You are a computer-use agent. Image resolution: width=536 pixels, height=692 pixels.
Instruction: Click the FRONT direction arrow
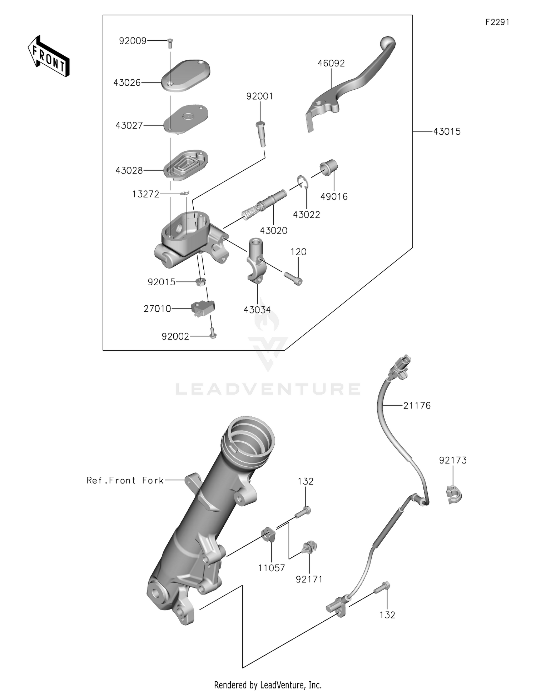pyautogui.click(x=49, y=56)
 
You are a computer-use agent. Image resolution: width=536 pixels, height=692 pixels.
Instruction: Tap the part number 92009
pyautogui.click(x=133, y=41)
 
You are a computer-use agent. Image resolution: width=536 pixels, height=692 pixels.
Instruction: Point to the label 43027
pyautogui.click(x=129, y=125)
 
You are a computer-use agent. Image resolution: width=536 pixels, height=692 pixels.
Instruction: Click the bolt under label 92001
pyautogui.click(x=261, y=134)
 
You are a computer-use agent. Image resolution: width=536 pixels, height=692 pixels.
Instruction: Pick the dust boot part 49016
pyautogui.click(x=328, y=167)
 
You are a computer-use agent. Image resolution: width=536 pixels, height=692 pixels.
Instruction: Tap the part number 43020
pyautogui.click(x=273, y=231)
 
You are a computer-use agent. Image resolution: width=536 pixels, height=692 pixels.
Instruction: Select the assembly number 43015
pyautogui.click(x=447, y=131)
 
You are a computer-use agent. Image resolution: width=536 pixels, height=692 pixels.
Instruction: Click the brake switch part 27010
pyautogui.click(x=203, y=307)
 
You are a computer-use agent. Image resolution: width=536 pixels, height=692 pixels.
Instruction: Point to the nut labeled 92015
pyautogui.click(x=201, y=282)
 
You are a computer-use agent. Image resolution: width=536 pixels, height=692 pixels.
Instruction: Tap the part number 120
pyautogui.click(x=298, y=252)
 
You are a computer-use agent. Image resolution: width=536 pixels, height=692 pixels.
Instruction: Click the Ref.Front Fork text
pyautogui.click(x=125, y=480)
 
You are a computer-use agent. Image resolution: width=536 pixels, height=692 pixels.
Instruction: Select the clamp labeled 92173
pyautogui.click(x=454, y=495)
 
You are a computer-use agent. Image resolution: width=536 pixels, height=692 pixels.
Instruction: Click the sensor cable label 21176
pyautogui.click(x=417, y=406)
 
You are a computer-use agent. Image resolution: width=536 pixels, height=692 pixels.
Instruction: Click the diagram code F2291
pyautogui.click(x=497, y=22)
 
